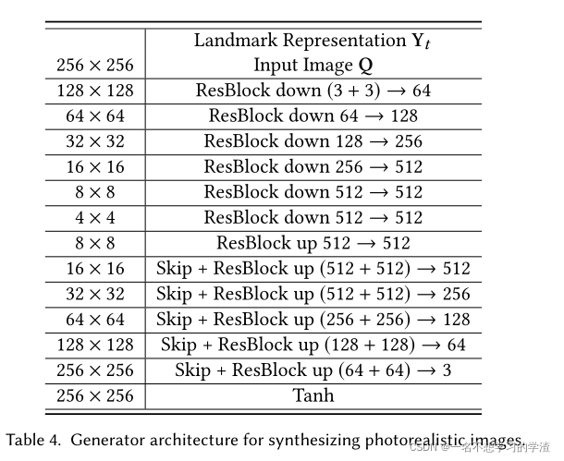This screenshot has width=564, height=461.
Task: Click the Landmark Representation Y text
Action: tap(313, 41)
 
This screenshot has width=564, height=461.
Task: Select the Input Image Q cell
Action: tap(313, 66)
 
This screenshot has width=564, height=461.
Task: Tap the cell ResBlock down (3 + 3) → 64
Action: tap(313, 91)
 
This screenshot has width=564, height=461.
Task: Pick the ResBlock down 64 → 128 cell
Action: tap(313, 116)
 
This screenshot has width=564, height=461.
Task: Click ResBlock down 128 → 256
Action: tap(313, 141)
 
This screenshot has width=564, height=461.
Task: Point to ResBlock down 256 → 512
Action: tap(313, 167)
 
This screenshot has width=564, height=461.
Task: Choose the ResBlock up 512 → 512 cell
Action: tap(313, 243)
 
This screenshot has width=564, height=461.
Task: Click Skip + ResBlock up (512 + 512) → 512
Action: tap(313, 269)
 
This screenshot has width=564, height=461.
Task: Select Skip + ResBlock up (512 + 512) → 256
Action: tap(313, 295)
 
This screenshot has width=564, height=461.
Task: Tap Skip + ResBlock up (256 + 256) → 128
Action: tap(313, 320)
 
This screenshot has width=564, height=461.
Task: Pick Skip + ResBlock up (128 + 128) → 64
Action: tap(313, 346)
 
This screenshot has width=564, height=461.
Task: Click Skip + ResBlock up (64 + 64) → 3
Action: tap(313, 370)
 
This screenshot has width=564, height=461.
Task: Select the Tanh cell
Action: tap(313, 396)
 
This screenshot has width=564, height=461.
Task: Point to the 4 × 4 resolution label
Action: tap(94, 218)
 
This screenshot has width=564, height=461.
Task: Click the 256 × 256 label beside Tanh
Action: tap(94, 396)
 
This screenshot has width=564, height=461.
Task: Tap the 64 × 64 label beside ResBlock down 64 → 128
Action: tap(94, 116)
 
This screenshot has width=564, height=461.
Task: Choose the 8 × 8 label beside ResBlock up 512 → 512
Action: tap(94, 243)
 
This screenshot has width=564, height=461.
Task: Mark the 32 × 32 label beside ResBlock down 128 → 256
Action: tap(94, 141)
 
